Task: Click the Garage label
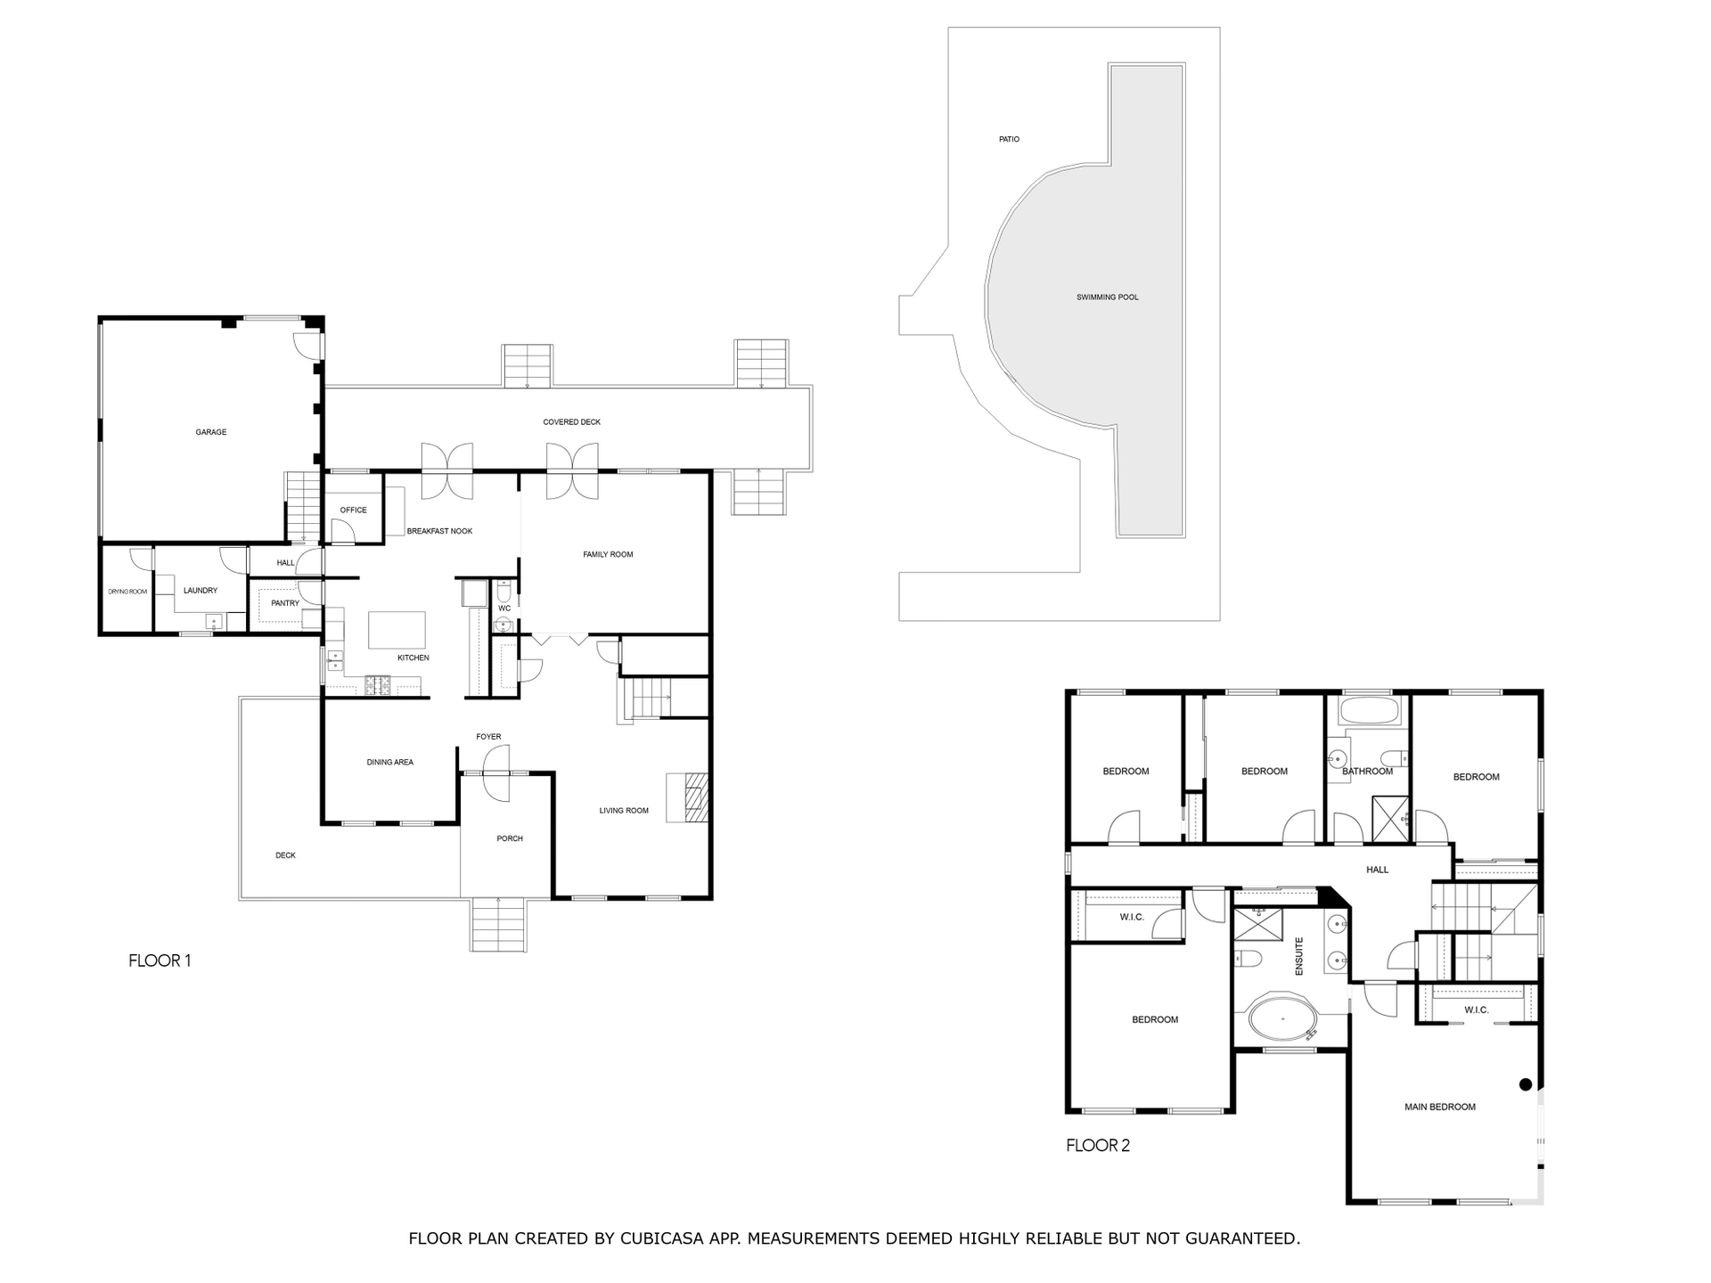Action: point(211,432)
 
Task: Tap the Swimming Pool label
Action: point(1107,297)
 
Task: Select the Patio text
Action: point(1009,139)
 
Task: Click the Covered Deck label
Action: point(571,421)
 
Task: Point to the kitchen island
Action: point(397,630)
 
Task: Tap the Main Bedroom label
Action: point(1439,1107)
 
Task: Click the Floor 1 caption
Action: point(160,960)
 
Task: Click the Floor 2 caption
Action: point(1098,1146)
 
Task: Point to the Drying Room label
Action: point(127,592)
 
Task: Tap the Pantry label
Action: point(285,603)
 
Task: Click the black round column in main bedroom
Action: point(1525,1084)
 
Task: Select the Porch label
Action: point(510,838)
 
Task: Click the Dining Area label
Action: point(389,762)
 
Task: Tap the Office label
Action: point(353,510)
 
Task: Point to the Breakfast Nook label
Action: point(439,531)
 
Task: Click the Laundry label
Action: point(201,590)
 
